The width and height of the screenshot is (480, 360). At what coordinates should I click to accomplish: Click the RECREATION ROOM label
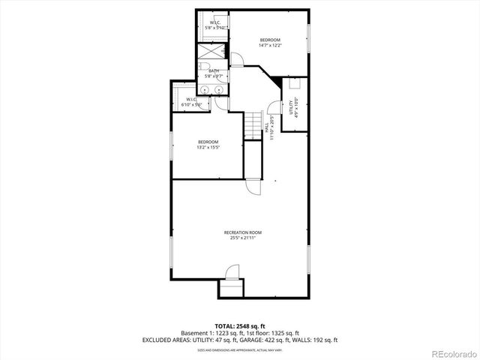point(240,232)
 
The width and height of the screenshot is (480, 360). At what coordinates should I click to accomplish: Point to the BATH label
point(214,70)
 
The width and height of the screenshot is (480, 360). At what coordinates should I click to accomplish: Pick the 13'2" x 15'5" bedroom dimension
point(208,148)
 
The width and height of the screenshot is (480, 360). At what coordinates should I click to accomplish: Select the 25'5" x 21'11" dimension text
point(240,238)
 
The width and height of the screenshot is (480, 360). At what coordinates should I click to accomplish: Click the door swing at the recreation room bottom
point(232,271)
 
